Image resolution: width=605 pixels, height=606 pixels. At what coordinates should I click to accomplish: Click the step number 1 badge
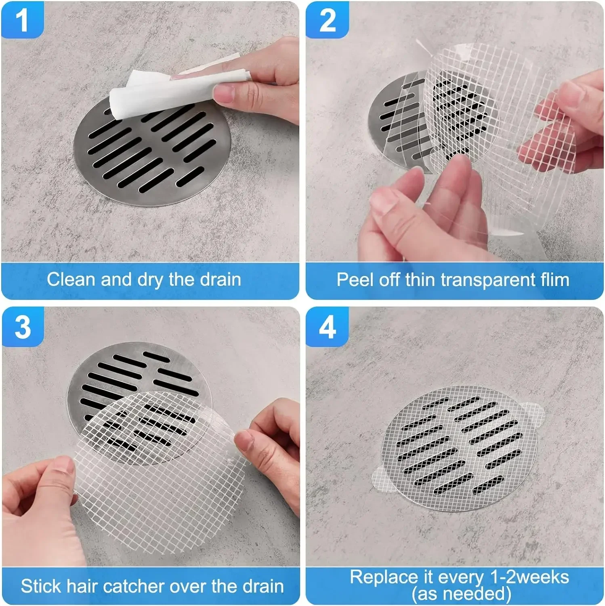pyautogui.click(x=22, y=20)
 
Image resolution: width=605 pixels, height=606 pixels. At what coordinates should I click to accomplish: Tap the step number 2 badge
pyautogui.click(x=327, y=20)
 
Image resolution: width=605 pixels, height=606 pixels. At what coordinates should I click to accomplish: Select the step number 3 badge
pyautogui.click(x=23, y=327)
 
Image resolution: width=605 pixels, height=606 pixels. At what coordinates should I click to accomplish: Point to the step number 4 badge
pyautogui.click(x=327, y=327)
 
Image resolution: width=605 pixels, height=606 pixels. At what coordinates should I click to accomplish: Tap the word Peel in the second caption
pyautogui.click(x=355, y=280)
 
